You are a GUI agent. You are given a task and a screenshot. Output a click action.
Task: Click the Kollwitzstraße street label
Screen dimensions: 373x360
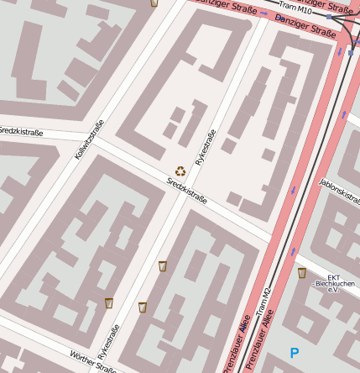click(89, 139)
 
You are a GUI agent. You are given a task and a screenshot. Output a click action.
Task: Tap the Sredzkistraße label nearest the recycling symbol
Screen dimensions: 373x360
click(186, 189)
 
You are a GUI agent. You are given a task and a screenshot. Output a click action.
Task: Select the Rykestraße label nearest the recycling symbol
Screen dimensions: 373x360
click(205, 146)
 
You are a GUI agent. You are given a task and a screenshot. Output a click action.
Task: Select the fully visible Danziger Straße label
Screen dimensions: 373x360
click(305, 25)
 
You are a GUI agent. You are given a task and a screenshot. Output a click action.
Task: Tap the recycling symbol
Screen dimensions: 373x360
click(180, 171)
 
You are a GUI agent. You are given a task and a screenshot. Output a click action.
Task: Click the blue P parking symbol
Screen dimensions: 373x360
click(294, 354)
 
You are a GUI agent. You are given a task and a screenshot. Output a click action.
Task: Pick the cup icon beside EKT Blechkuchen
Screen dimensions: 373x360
click(302, 273)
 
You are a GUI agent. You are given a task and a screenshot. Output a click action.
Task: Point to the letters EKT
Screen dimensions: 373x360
click(334, 277)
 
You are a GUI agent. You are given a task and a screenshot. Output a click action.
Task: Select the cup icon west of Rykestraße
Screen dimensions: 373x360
click(109, 302)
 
